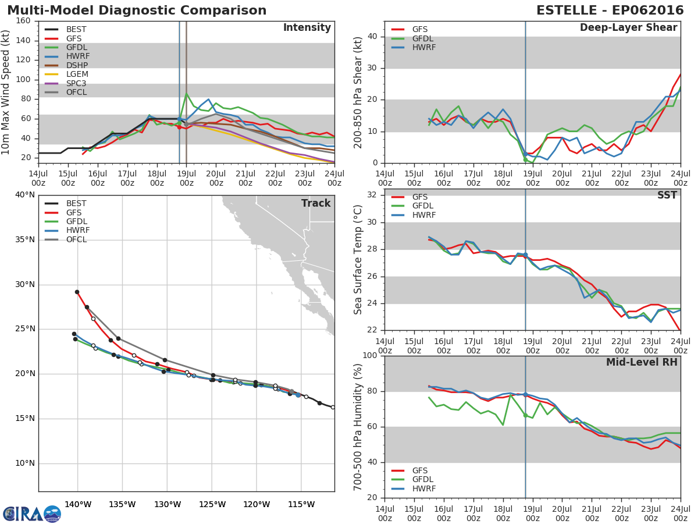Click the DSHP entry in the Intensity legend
coord(66,65)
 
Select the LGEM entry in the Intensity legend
coord(66,74)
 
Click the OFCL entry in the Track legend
coord(66,239)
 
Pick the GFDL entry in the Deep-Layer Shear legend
coord(412,38)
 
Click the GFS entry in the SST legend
coord(409,197)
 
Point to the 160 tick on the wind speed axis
coord(23,21)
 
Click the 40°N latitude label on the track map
coord(25,194)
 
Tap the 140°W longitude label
coord(78,504)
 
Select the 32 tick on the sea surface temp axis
coord(372,194)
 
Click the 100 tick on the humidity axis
coord(370,355)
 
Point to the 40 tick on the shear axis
coord(372,36)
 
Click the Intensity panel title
coord(307,28)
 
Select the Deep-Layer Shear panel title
coord(628,28)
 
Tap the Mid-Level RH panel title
coord(642,362)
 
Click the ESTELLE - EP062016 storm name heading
coord(610,10)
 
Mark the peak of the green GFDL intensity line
coord(186,94)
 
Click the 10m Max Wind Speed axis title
coord(5,92)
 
